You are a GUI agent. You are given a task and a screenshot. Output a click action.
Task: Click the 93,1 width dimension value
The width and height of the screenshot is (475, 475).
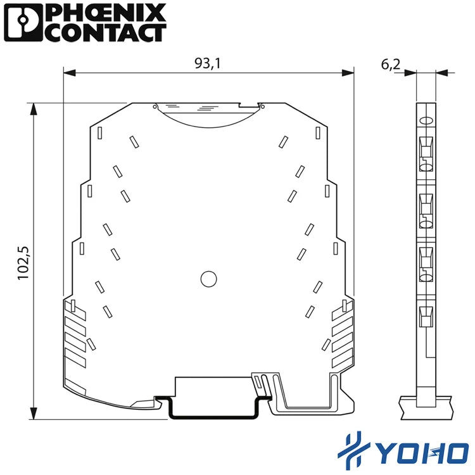point(208,63)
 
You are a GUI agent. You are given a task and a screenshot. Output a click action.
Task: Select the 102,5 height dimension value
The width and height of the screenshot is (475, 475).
point(23,263)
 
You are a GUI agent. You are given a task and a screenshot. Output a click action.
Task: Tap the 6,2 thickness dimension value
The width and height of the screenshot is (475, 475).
point(391,64)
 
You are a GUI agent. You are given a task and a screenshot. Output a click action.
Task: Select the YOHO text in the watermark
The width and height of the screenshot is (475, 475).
point(422,453)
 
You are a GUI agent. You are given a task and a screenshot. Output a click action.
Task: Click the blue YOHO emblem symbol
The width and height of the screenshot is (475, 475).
point(353,450)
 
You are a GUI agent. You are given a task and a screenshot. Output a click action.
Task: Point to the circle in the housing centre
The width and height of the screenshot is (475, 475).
point(209,279)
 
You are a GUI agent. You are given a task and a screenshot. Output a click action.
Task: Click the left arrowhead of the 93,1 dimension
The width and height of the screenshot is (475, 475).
point(70,73)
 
